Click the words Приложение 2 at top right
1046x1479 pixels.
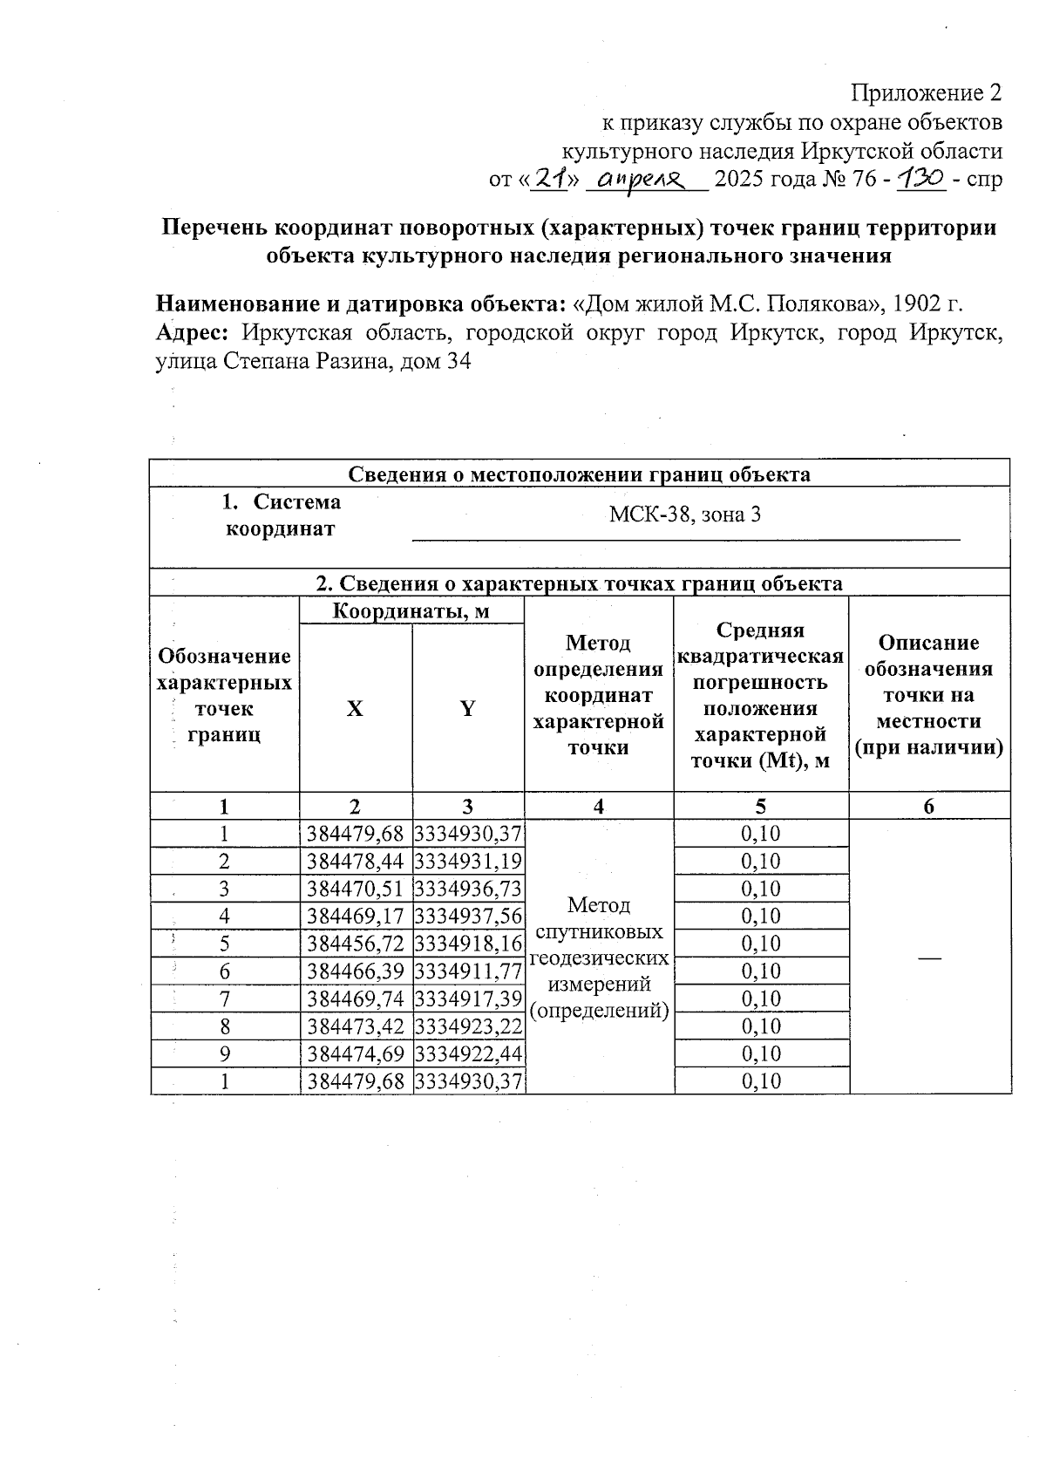926,93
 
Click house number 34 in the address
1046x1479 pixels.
458,361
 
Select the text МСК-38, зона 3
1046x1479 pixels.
684,515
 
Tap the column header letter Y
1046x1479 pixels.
467,709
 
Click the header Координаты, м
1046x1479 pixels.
411,611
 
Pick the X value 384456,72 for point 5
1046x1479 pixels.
356,944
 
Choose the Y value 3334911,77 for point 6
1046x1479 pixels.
468,971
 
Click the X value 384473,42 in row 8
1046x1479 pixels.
356,1026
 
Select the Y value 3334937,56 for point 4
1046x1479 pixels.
468,917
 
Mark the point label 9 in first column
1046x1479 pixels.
225,1054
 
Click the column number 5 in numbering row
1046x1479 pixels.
760,807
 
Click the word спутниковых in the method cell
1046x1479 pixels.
598,932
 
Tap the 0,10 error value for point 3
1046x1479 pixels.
760,889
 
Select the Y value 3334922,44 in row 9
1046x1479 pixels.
468,1054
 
